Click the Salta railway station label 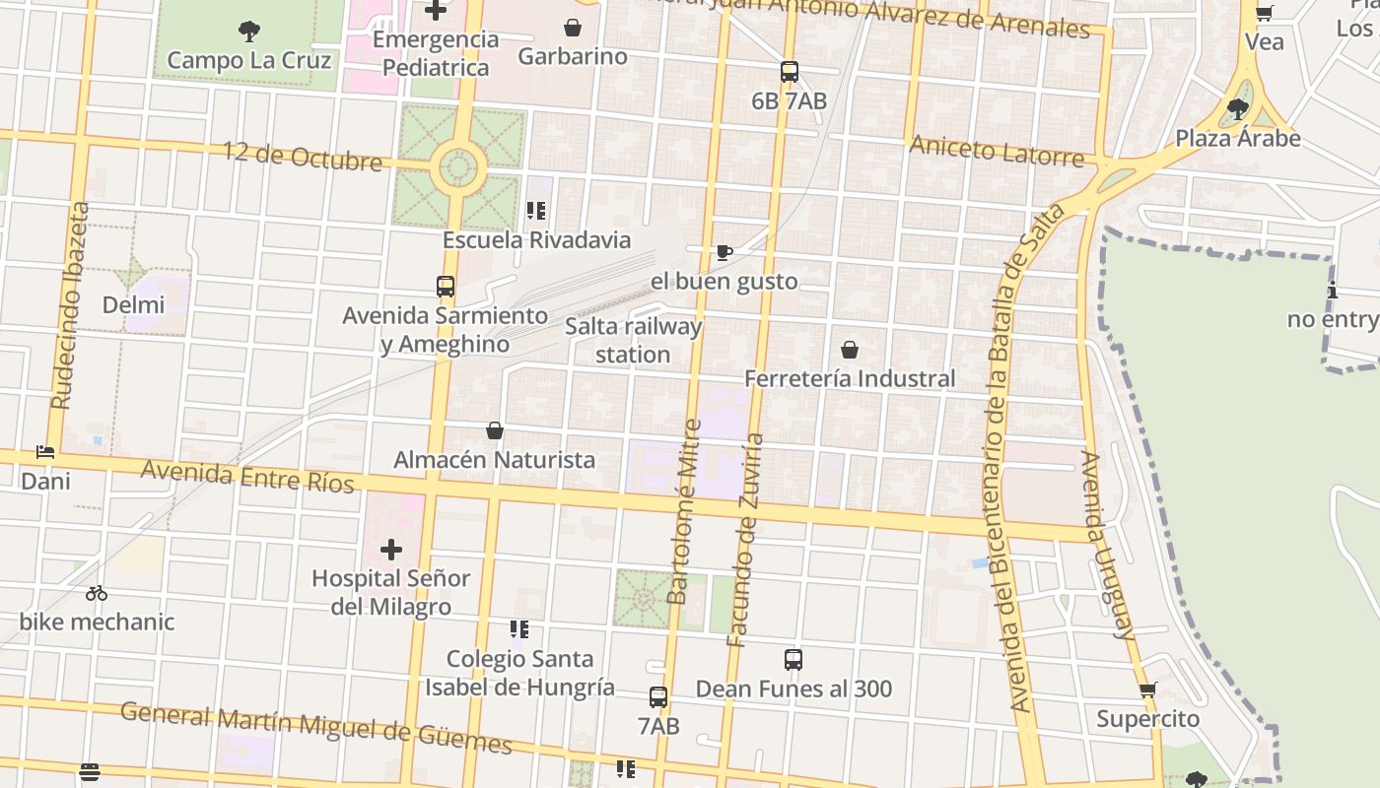[x=633, y=340]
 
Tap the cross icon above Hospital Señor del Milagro [x=391, y=549]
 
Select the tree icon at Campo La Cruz [x=249, y=32]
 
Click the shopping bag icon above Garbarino [x=572, y=28]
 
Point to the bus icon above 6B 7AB [x=789, y=71]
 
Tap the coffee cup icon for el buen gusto [x=724, y=253]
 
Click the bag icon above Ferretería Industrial [x=849, y=350]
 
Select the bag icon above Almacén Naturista [x=495, y=430]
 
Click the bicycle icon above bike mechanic [x=97, y=593]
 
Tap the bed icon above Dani [x=45, y=452]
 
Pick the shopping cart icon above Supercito [x=1147, y=689]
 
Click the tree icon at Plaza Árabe [x=1238, y=109]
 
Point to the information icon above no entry [x=1333, y=291]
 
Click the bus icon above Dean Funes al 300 [x=793, y=660]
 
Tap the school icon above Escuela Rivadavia [x=536, y=210]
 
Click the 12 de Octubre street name [x=302, y=156]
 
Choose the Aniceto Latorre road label [x=996, y=151]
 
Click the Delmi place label [x=133, y=304]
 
